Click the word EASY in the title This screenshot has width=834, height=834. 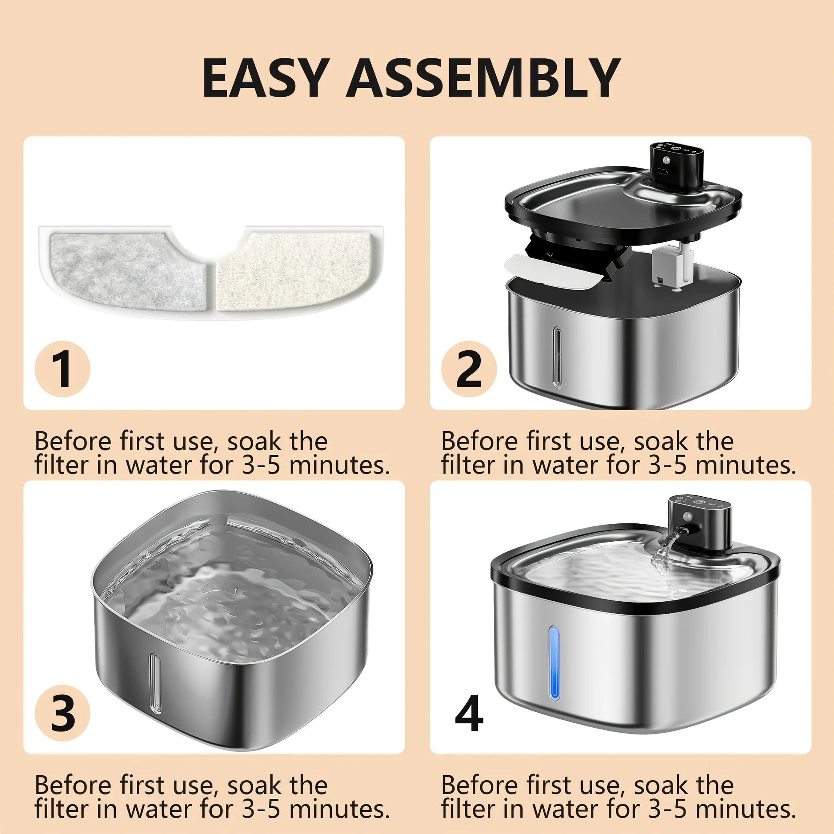[264, 78]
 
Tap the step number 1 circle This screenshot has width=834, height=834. [63, 369]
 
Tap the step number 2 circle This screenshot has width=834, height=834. [469, 369]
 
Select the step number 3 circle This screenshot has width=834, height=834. [63, 714]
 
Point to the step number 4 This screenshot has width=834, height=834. [469, 714]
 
